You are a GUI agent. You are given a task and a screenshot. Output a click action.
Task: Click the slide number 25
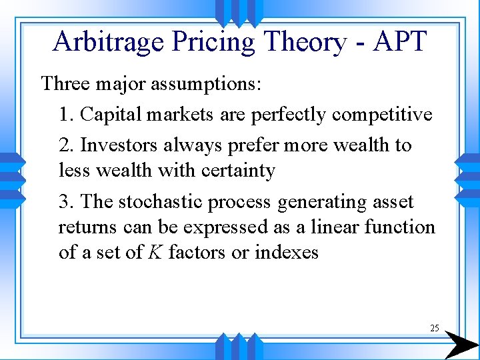tap(435, 328)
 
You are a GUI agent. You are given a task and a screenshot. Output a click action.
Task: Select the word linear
tap(333, 227)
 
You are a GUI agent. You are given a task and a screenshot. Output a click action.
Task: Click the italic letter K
tap(156, 253)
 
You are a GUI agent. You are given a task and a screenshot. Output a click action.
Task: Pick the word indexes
tap(287, 253)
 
